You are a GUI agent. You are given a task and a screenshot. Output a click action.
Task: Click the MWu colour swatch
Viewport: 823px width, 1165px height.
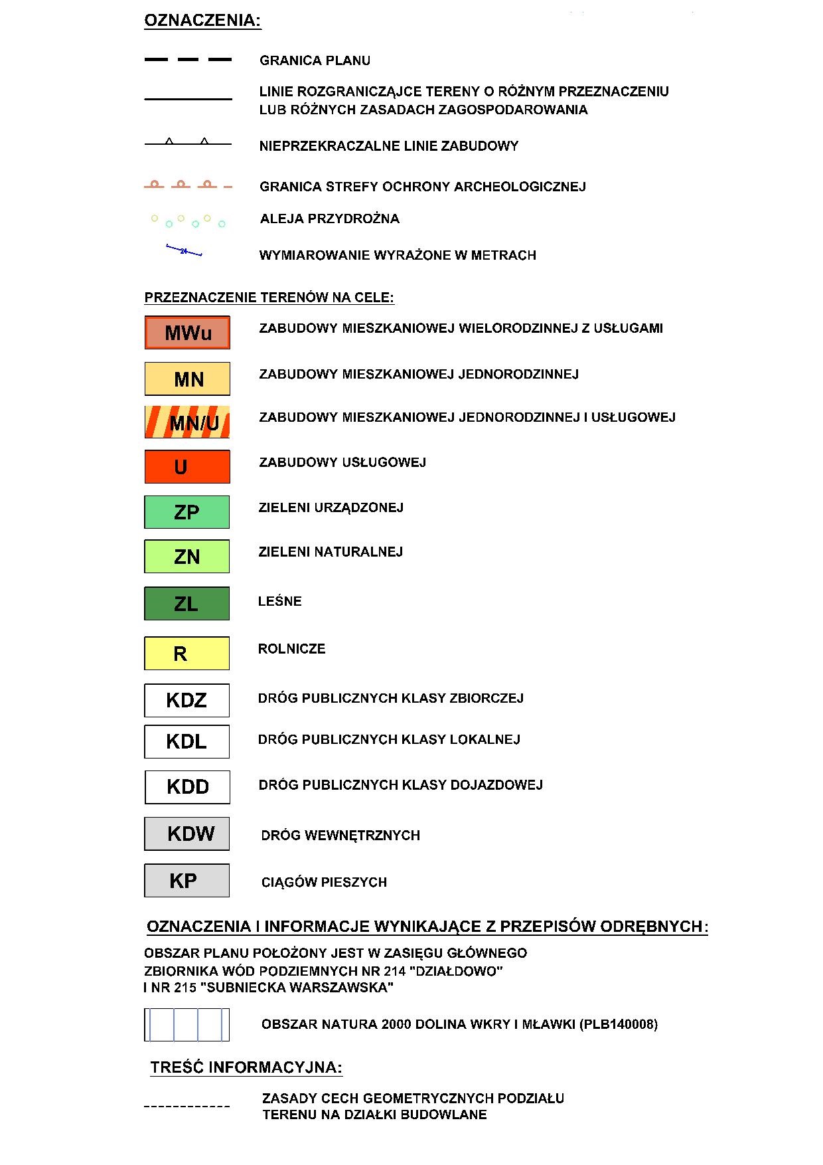187,333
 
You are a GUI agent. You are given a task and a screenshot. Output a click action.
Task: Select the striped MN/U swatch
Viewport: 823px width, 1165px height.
187,422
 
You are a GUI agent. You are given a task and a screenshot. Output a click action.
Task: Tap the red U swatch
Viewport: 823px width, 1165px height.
187,467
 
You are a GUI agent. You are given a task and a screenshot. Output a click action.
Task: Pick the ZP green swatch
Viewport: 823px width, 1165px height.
187,512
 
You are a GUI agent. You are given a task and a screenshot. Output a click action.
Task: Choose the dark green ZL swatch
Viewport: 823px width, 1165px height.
187,603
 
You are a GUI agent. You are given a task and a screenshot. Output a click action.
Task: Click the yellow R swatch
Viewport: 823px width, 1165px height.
187,654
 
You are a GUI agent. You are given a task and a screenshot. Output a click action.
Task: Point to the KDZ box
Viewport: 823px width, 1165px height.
187,700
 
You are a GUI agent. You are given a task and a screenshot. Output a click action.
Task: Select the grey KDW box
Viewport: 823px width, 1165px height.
187,834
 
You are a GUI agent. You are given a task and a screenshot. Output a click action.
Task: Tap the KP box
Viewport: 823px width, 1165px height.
187,881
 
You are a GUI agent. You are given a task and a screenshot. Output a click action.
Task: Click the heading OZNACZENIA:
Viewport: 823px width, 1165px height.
203,21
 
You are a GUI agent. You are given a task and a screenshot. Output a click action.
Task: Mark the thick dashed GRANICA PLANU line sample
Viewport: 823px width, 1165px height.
188,60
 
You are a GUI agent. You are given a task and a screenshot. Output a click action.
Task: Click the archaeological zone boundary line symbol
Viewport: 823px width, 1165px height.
188,185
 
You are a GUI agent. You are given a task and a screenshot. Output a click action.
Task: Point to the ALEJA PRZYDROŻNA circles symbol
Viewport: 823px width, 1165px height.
188,221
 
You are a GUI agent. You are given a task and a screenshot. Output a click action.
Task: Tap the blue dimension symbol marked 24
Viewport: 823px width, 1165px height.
184,251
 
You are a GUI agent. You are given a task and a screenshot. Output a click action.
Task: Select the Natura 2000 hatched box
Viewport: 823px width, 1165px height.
187,1025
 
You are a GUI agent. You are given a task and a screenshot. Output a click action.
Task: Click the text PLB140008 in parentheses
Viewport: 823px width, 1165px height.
619,1024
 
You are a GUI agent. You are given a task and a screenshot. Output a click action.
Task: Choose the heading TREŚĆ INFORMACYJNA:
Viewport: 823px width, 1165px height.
246,1068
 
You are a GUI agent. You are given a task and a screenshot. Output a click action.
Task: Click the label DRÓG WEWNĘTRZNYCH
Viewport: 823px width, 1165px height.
340,836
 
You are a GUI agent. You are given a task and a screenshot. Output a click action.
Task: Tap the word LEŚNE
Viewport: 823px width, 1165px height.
280,601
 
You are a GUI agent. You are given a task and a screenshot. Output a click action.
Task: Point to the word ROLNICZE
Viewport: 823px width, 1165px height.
292,649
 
